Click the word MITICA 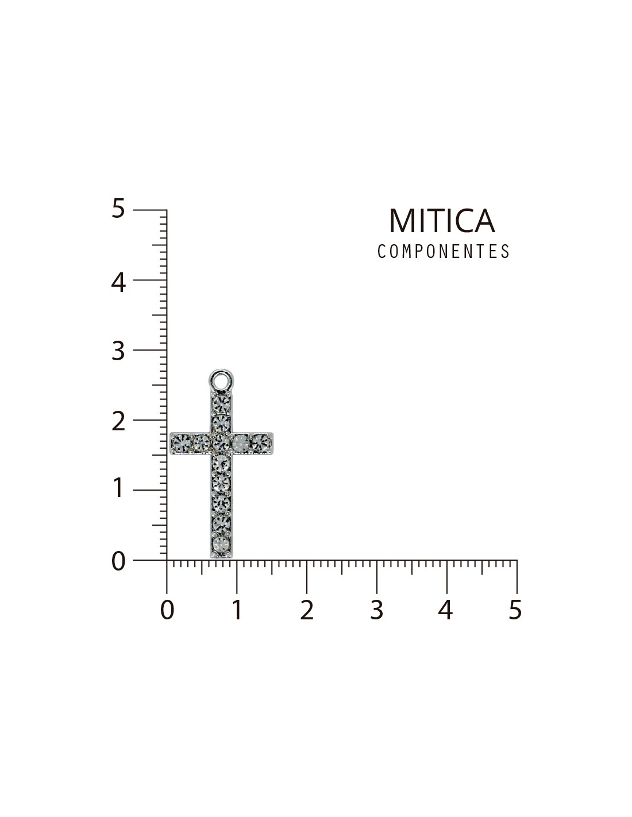pyautogui.click(x=442, y=221)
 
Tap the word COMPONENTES pyautogui.click(x=444, y=251)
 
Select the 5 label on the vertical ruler pyautogui.click(x=118, y=209)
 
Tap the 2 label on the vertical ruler pyautogui.click(x=118, y=422)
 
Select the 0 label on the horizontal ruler pyautogui.click(x=167, y=610)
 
